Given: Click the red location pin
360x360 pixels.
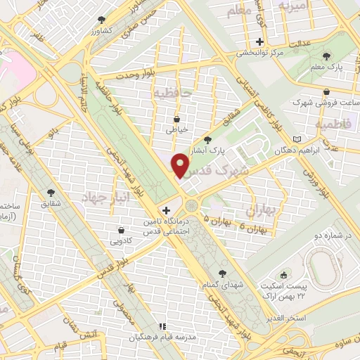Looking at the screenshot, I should [x=181, y=166].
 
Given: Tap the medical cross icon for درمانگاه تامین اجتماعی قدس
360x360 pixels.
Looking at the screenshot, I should [x=166, y=210].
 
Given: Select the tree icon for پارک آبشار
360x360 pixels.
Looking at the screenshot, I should [x=207, y=139].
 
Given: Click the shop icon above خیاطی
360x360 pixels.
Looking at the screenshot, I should [x=176, y=118].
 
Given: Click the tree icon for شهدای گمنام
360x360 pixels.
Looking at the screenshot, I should [x=222, y=273].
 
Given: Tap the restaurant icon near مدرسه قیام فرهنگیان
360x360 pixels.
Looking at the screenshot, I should [x=162, y=326].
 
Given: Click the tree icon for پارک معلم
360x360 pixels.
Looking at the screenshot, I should [x=326, y=55].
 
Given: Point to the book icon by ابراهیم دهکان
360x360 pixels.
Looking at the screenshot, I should [x=297, y=139].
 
